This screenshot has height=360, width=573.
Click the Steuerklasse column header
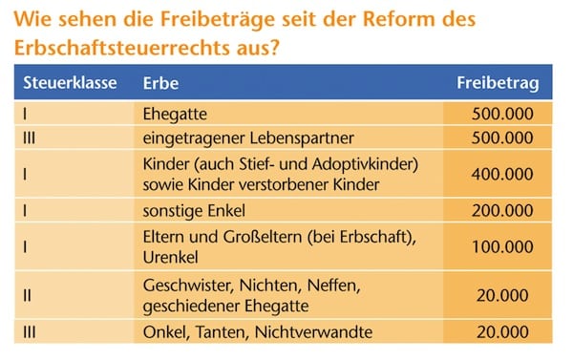click(x=70, y=82)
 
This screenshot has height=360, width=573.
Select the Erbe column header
click(x=160, y=83)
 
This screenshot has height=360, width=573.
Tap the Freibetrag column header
click(x=498, y=84)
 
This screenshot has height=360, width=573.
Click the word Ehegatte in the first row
click(x=175, y=114)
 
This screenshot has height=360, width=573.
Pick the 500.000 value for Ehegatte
click(x=502, y=114)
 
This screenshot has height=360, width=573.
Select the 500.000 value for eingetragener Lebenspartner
click(x=502, y=138)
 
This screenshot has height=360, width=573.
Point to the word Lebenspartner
click(x=302, y=138)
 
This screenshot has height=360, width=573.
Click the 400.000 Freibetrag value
click(x=502, y=175)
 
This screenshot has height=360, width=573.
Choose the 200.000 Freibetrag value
click(x=502, y=211)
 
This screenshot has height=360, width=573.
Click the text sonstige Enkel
click(x=194, y=211)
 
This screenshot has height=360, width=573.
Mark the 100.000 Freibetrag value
click(x=502, y=247)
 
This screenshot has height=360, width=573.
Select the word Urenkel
click(x=170, y=258)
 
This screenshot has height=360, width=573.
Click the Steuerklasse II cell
click(x=28, y=295)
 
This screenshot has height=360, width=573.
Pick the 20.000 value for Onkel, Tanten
click(x=502, y=332)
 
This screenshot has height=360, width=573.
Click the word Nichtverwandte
click(x=313, y=332)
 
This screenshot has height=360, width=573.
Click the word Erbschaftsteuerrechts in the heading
click(x=122, y=48)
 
